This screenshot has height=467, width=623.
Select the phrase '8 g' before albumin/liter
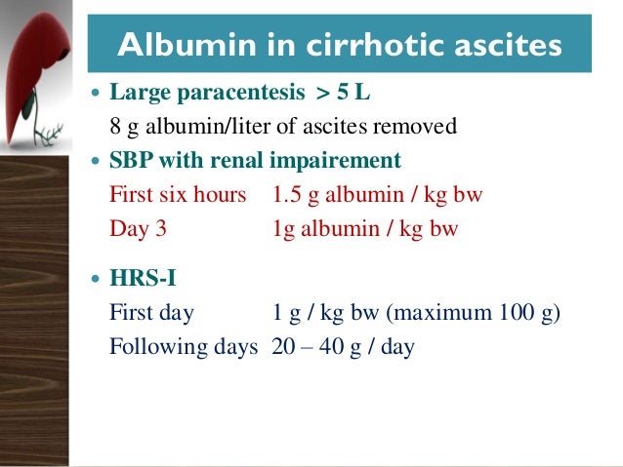(x=121, y=128)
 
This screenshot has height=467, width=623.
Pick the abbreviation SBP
(x=130, y=161)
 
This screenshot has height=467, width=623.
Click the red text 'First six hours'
(x=177, y=195)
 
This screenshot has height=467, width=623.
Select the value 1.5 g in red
(x=297, y=195)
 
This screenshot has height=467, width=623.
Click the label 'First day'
(x=151, y=314)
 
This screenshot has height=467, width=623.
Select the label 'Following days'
(x=184, y=347)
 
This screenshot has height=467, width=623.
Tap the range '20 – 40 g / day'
(x=344, y=347)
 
